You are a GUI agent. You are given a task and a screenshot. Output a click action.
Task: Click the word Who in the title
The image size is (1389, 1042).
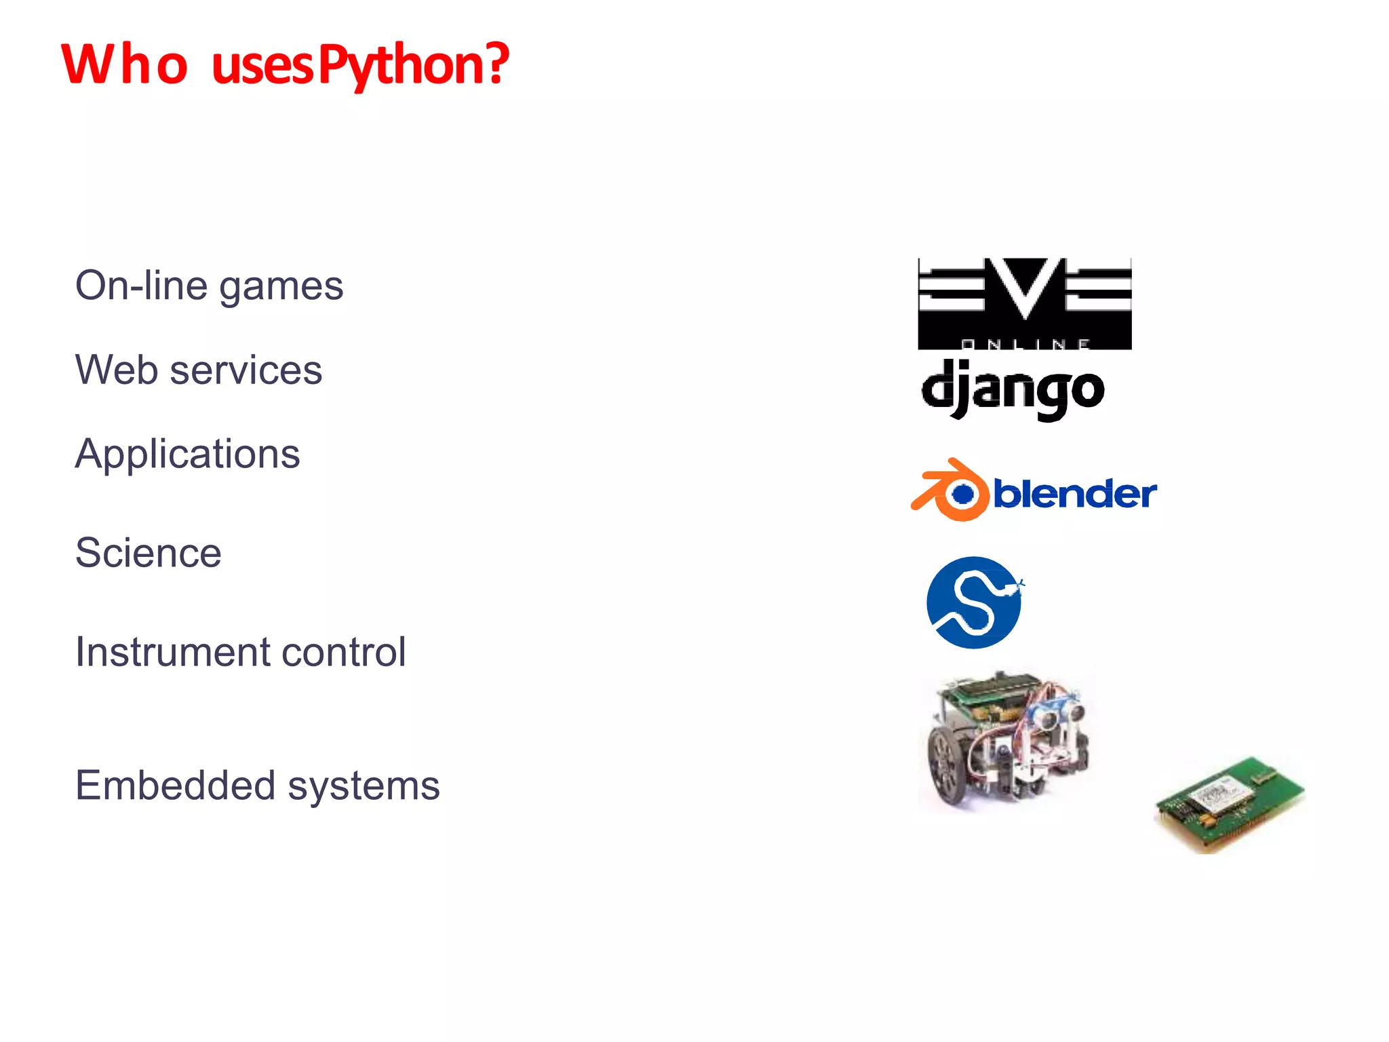click(124, 64)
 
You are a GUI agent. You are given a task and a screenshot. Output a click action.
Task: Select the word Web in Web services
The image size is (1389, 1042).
click(117, 370)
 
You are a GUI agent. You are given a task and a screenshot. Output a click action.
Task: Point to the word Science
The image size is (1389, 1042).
click(148, 552)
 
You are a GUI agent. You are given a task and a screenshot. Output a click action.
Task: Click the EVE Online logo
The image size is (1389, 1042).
click(1024, 304)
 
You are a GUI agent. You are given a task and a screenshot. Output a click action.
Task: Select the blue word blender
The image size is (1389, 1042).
click(1075, 493)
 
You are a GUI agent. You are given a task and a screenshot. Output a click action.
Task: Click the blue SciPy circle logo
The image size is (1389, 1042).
click(974, 602)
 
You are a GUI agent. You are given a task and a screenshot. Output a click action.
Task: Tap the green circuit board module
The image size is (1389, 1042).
click(1229, 803)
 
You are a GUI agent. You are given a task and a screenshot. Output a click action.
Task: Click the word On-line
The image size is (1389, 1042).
click(141, 286)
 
